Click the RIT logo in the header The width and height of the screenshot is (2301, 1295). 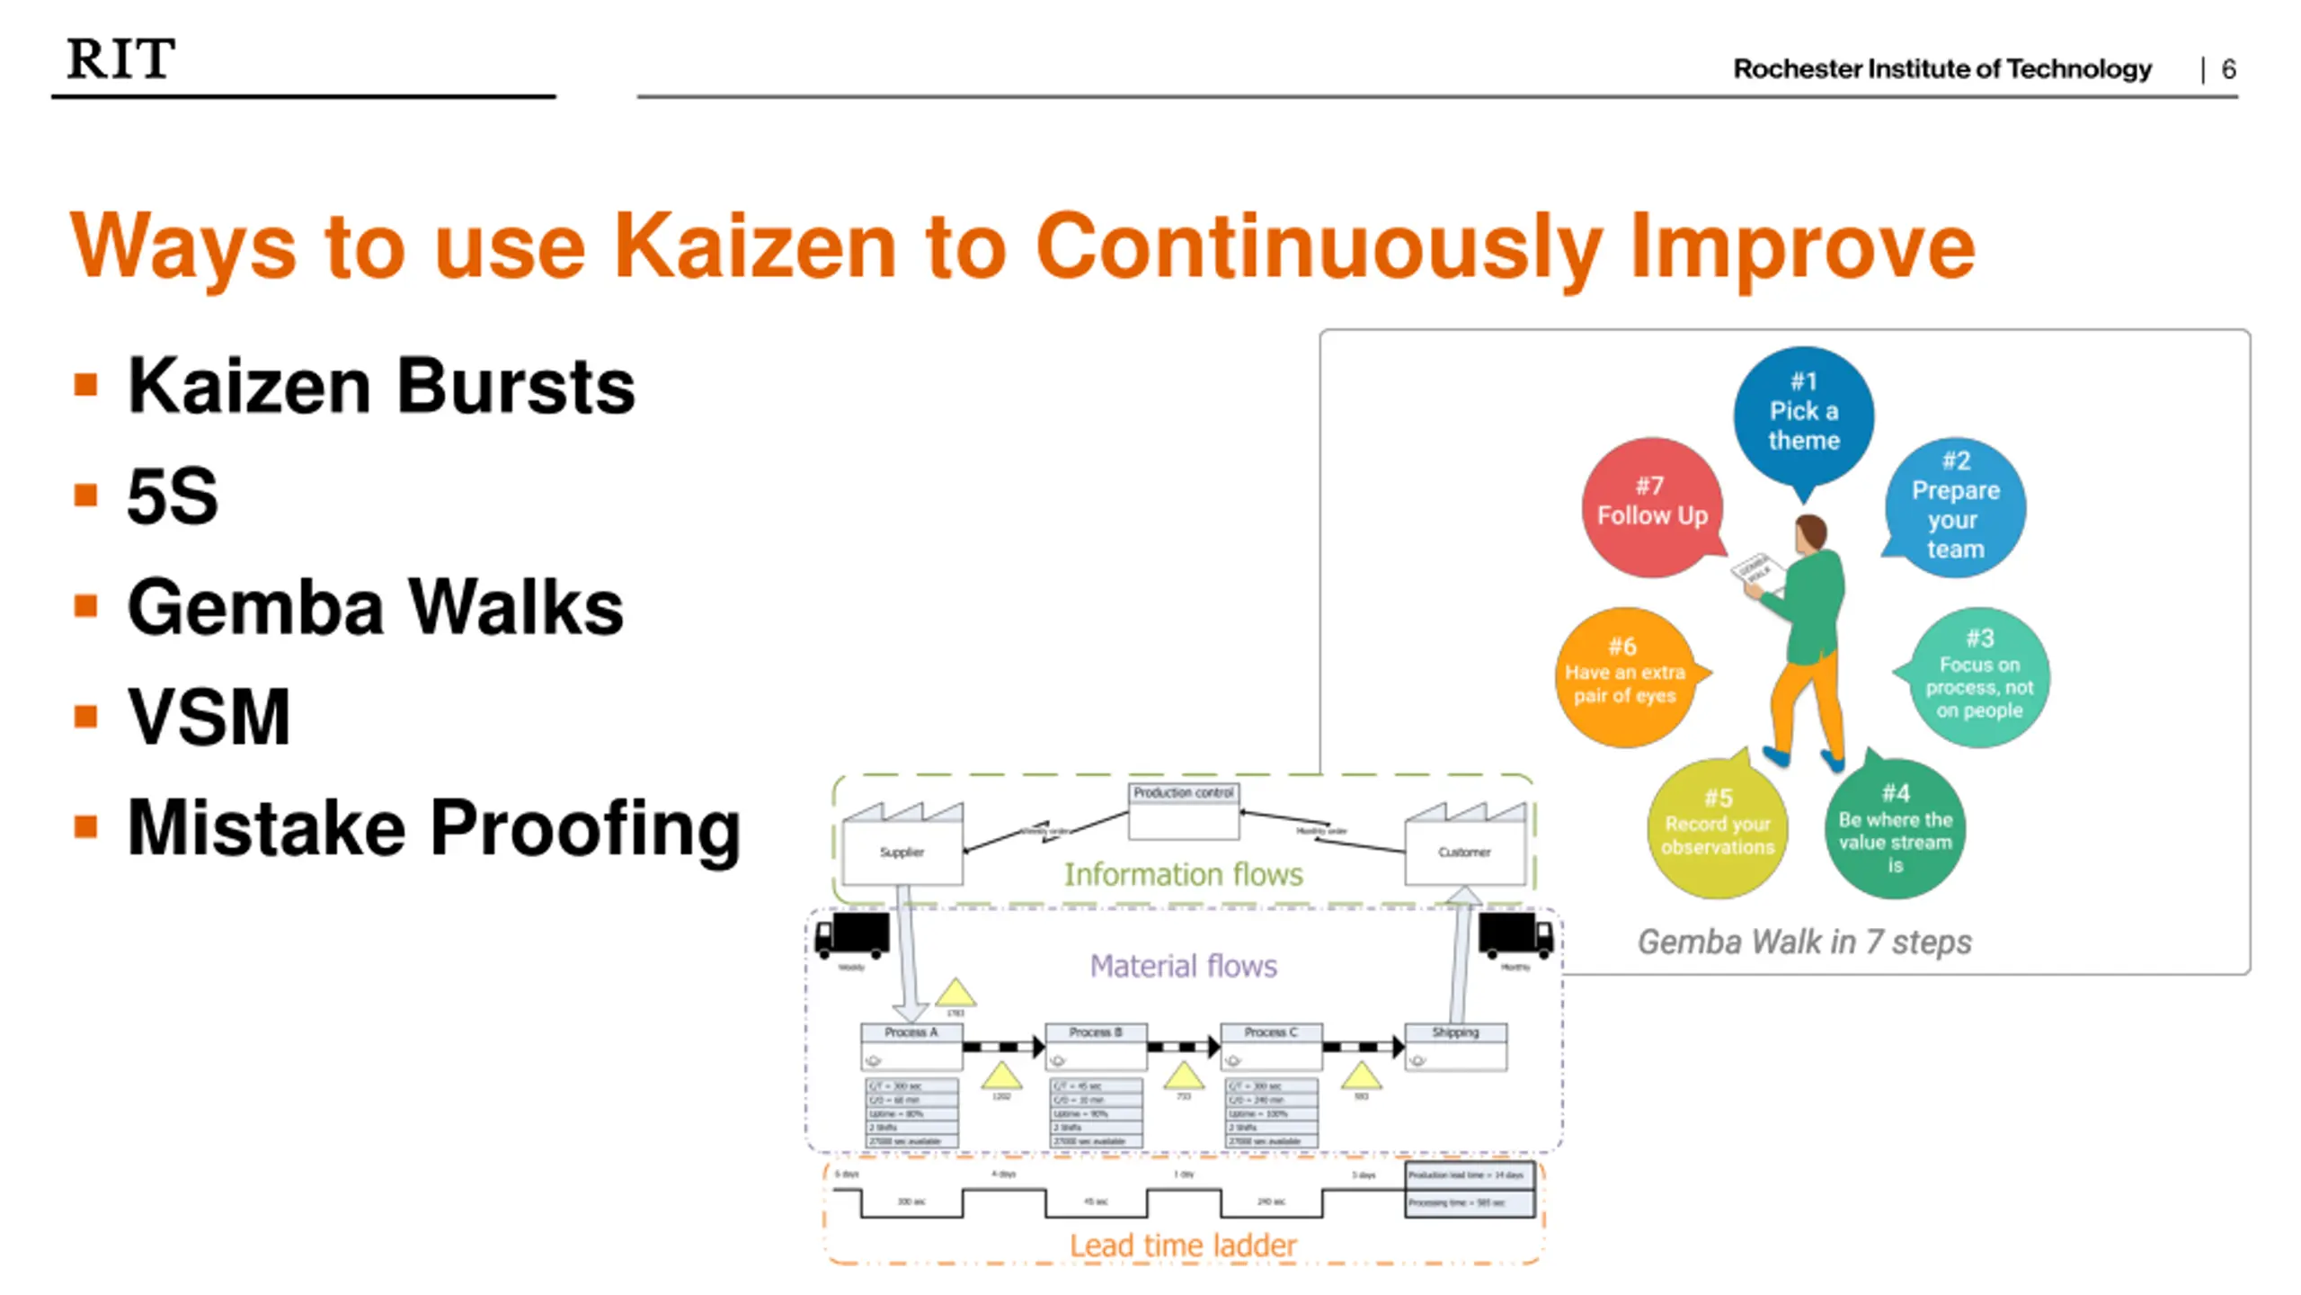click(121, 59)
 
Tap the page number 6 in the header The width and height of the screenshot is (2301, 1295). click(2228, 69)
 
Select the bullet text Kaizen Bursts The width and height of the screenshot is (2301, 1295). click(381, 386)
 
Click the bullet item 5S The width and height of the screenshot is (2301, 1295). click(173, 496)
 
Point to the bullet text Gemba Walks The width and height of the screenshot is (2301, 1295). click(375, 607)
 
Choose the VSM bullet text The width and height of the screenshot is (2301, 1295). click(209, 718)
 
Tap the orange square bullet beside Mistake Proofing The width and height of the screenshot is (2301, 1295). click(86, 826)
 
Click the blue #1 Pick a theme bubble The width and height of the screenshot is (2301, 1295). click(1803, 415)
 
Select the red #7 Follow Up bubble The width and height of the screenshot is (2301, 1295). click(1652, 507)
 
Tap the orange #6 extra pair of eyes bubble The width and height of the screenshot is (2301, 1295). click(1624, 676)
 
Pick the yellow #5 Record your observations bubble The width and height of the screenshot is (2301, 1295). click(1717, 827)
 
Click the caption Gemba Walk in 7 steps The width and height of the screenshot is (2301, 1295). click(1804, 942)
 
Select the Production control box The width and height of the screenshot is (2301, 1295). click(1183, 810)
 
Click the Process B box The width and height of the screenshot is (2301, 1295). click(1096, 1046)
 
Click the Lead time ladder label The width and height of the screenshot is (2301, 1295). click(1183, 1246)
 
